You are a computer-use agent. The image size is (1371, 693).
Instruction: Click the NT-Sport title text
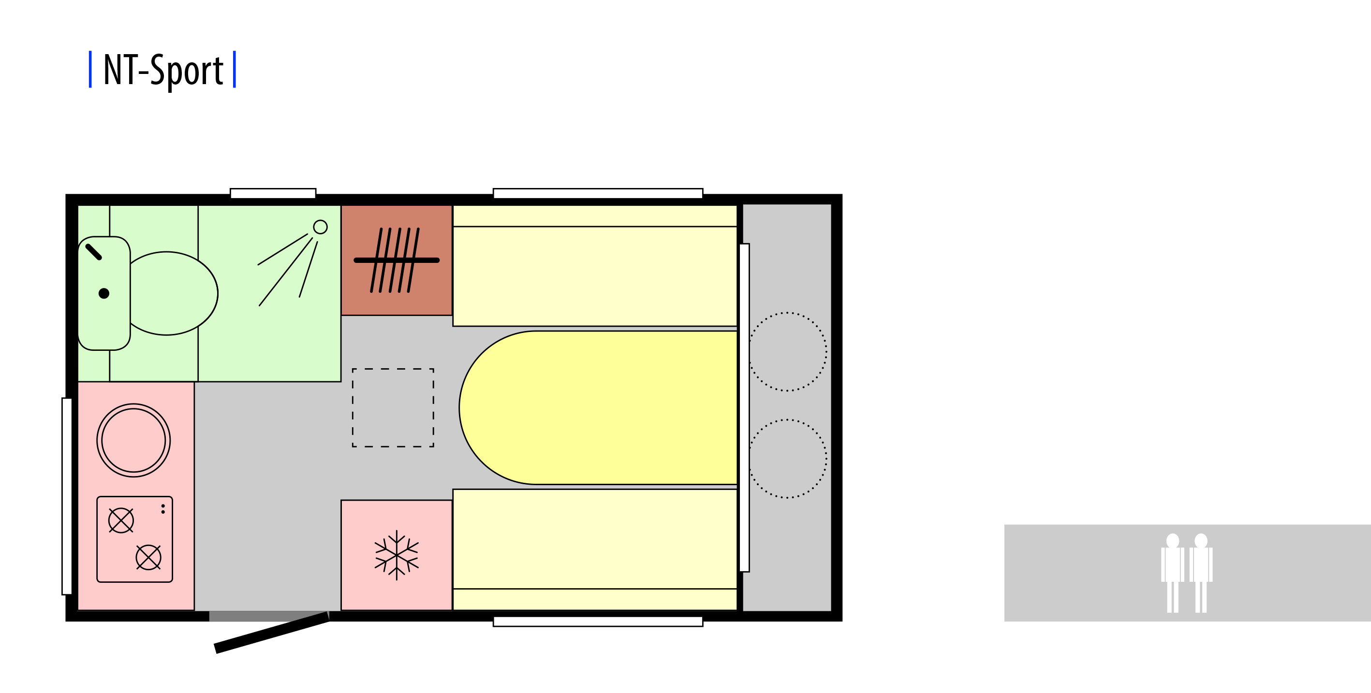point(163,70)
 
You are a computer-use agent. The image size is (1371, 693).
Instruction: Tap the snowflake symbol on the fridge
point(397,555)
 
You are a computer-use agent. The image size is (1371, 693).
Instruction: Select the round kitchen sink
point(133,440)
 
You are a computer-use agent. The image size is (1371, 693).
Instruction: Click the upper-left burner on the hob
point(121,520)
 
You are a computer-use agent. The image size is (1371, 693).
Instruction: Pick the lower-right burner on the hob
point(148,557)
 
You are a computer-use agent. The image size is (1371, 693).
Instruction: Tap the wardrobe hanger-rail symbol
point(397,260)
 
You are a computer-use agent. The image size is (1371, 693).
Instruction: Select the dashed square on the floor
point(393,407)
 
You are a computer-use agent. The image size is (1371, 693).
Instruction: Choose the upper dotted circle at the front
point(788,351)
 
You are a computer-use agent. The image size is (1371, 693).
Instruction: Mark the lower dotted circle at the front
point(788,459)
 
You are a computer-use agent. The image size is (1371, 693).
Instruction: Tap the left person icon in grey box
point(1172,572)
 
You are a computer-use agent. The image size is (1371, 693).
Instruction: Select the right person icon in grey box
point(1201,572)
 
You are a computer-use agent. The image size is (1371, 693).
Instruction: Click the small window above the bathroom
point(273,193)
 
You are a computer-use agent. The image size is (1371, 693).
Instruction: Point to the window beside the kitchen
point(67,496)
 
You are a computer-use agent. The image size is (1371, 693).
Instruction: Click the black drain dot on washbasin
point(104,293)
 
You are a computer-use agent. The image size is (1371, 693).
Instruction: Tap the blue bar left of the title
point(90,69)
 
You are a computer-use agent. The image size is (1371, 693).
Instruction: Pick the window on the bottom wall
point(598,621)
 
